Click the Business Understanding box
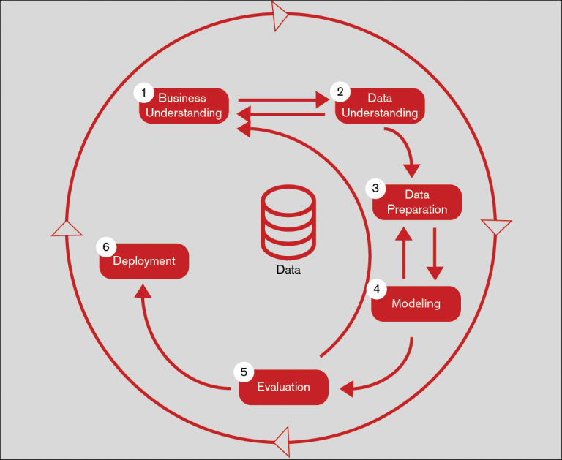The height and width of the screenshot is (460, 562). [x=184, y=106]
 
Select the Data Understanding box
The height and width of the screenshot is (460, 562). [x=380, y=106]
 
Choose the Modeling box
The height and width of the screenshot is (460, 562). [x=416, y=303]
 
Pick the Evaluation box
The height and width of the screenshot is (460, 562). [x=284, y=388]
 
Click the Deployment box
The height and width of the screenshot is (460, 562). [x=144, y=261]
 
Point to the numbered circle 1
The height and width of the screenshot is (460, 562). [x=144, y=93]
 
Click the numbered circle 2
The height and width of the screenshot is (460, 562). [x=339, y=91]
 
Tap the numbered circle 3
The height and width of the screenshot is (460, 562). [x=375, y=189]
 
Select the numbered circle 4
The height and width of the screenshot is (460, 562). [x=377, y=289]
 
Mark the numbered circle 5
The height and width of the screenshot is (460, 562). [x=244, y=372]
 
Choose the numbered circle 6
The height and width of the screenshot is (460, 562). [x=106, y=247]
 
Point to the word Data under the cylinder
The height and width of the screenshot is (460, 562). [x=288, y=269]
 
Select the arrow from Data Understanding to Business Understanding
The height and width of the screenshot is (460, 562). [x=282, y=113]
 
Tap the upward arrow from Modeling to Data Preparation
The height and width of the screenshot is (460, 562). [x=403, y=252]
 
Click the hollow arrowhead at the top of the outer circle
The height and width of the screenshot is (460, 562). [x=281, y=15]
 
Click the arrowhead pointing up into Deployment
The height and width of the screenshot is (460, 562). [x=143, y=290]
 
